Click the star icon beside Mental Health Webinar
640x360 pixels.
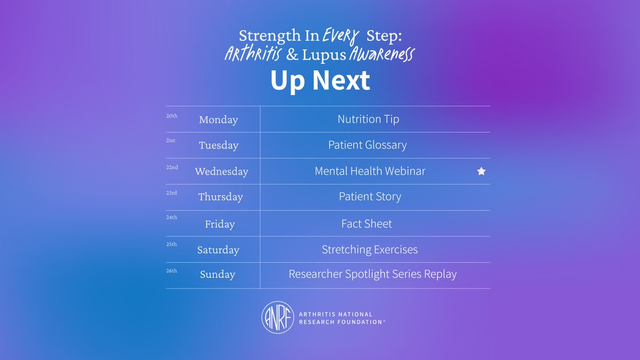pyautogui.click(x=481, y=171)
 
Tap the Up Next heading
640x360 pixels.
pyautogui.click(x=320, y=81)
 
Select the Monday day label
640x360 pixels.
pyautogui.click(x=218, y=119)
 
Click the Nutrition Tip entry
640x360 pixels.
pyautogui.click(x=368, y=119)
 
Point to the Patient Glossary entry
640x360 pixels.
pyautogui.click(x=367, y=145)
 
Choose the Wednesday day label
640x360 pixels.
pyautogui.click(x=221, y=171)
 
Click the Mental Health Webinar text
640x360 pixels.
pyautogui.click(x=370, y=171)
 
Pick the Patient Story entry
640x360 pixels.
pyautogui.click(x=370, y=197)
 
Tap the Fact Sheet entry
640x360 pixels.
pyautogui.click(x=366, y=223)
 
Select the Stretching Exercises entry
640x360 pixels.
pyautogui.click(x=370, y=250)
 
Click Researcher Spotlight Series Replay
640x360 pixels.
pyautogui.click(x=372, y=275)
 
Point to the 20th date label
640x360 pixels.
pyautogui.click(x=172, y=115)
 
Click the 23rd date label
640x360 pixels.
pyautogui.click(x=172, y=193)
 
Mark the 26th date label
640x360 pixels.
pyautogui.click(x=172, y=271)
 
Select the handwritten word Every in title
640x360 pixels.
pyautogui.click(x=341, y=36)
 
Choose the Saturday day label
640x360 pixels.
pyautogui.click(x=218, y=250)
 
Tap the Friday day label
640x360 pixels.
pyautogui.click(x=220, y=223)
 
